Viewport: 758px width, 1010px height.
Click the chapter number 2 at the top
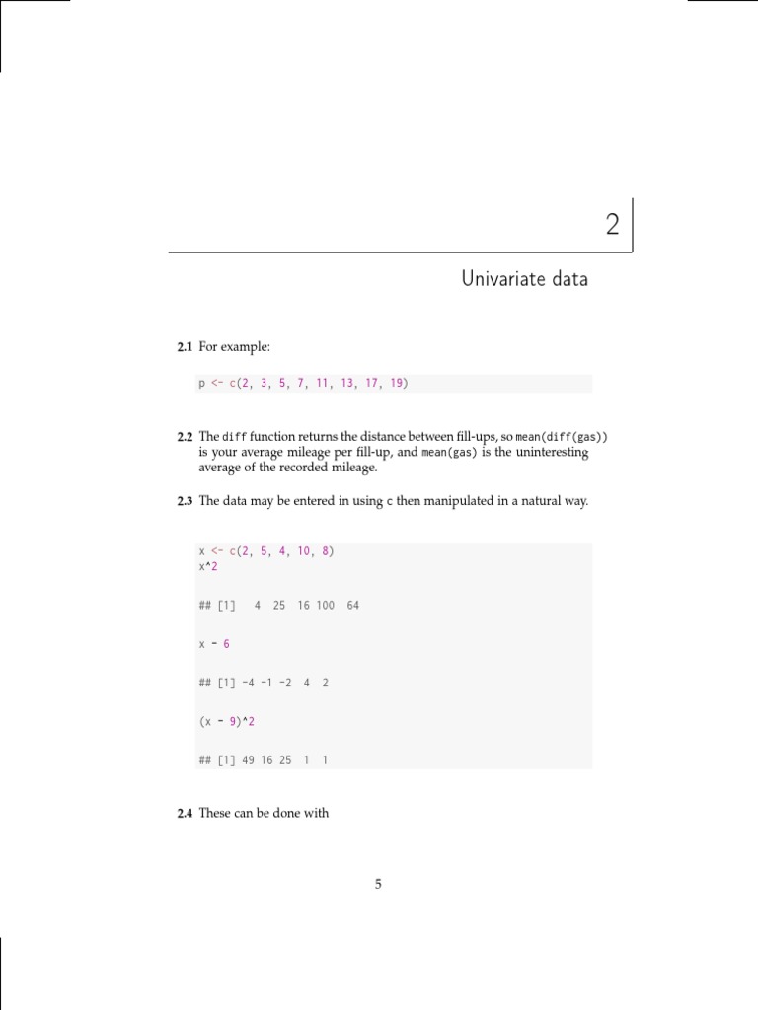point(613,226)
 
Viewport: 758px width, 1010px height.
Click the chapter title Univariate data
point(524,279)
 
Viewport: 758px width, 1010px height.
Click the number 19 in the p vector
point(397,384)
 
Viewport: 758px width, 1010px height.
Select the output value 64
point(353,605)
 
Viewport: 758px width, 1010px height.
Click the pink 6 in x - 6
point(226,643)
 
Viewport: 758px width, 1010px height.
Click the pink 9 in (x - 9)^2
point(233,721)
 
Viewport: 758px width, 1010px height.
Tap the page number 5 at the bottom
point(378,884)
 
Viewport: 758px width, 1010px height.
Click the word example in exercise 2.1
point(245,347)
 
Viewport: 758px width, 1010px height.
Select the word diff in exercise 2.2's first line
point(233,436)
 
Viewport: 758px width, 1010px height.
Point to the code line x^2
point(207,566)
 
